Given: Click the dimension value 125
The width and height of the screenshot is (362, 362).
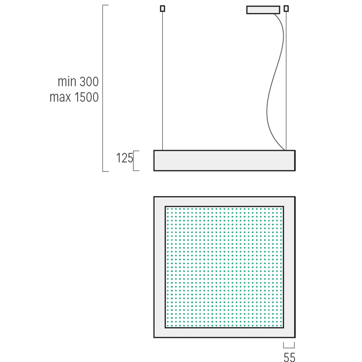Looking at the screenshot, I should tap(124, 158).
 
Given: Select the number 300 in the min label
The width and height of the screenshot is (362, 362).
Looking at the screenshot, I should tap(89, 82).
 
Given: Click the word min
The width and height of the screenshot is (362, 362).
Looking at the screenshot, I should tap(67, 82).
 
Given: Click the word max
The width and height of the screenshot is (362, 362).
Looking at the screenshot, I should tap(60, 97).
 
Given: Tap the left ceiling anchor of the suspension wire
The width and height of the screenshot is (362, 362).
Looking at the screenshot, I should tap(162, 9).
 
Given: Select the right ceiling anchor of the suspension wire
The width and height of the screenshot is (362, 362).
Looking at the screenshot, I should tap(286, 9).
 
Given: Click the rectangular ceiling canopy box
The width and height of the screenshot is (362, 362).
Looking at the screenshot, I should tap(263, 10).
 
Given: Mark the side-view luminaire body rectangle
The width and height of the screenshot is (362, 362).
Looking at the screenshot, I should tap(224, 161).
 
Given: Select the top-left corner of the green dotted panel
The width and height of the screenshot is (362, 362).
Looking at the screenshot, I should tap(165, 207).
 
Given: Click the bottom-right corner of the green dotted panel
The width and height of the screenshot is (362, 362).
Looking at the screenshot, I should tap(283, 327).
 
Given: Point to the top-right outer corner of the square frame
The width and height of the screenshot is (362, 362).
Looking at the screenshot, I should tap(295, 197).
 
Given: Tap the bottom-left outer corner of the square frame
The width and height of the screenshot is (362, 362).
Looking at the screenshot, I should tap(154, 337).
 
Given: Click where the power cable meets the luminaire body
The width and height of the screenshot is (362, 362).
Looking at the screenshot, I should tap(285, 150).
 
